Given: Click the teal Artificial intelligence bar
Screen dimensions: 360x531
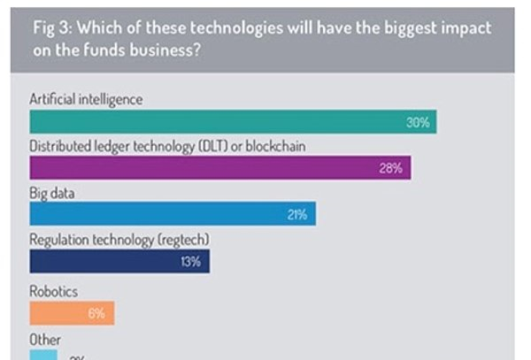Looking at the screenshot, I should (233, 122).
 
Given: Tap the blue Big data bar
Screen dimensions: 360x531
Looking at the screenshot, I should (173, 214).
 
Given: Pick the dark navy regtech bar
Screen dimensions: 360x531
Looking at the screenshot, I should (119, 260).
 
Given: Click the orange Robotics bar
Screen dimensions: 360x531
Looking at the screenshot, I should (72, 312).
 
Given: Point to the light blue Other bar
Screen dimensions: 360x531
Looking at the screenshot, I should (42, 355).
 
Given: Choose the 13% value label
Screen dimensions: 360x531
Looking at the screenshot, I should (191, 261).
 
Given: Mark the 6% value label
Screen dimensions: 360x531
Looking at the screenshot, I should (96, 313).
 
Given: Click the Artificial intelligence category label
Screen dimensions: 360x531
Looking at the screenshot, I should (86, 99).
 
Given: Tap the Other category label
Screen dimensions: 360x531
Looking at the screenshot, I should (46, 339).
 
